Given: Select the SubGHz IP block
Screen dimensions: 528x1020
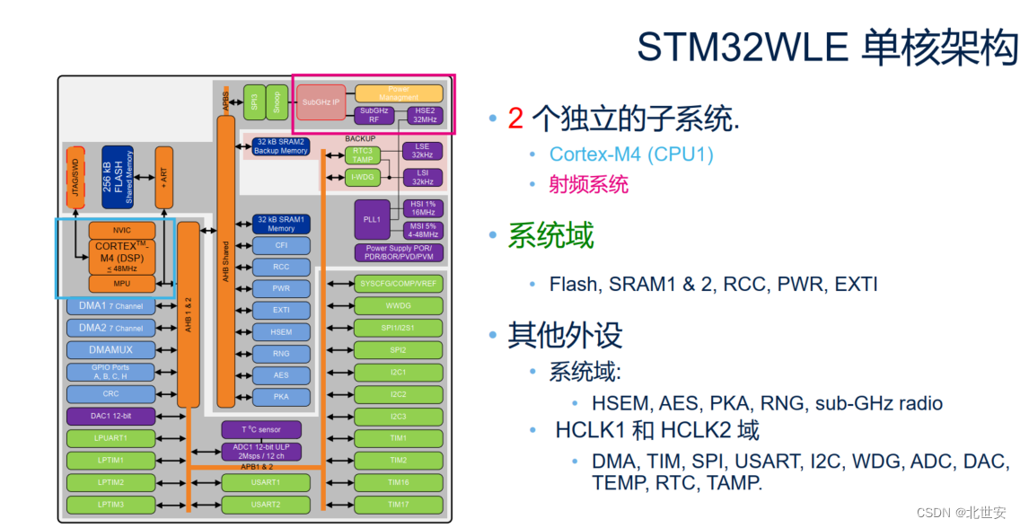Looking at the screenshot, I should [321, 102].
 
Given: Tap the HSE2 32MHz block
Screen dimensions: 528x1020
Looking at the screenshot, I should [425, 115].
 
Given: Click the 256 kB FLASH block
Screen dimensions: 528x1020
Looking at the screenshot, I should [118, 178].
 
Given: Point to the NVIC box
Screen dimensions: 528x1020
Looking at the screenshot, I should [121, 231].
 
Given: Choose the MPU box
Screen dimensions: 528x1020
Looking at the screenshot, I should [121, 284].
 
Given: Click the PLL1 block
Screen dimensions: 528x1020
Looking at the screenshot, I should [372, 219].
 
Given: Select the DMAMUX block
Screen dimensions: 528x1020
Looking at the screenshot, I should [110, 349].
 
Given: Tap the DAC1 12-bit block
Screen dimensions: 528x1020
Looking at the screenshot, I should [110, 417].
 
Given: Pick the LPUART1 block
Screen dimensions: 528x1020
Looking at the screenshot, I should [110, 438].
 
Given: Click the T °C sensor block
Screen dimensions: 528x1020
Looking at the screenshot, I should [261, 429].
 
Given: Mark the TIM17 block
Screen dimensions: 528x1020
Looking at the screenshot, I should [398, 505].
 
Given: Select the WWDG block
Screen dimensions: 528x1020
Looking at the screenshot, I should [398, 305].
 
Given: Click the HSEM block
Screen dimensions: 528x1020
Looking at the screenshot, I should [281, 331].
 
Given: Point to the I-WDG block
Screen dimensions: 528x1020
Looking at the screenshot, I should [363, 177].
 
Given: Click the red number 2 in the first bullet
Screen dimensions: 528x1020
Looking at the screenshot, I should [515, 118].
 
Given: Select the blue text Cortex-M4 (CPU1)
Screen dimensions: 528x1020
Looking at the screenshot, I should [630, 154].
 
